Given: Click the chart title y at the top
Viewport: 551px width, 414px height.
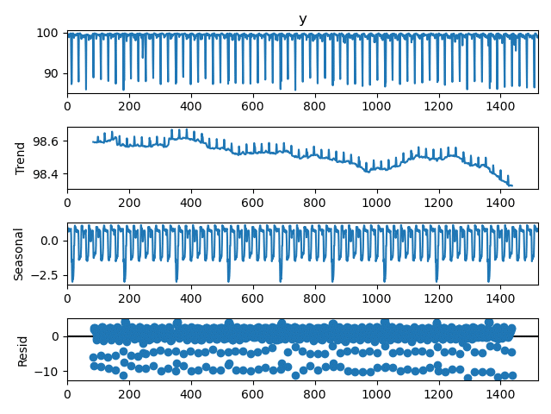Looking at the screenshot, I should (x=302, y=20).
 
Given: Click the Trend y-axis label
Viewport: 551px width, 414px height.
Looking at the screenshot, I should (x=22, y=159).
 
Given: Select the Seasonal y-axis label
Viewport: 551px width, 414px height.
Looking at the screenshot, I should (x=19, y=254).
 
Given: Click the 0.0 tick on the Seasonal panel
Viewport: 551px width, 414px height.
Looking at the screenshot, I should (x=51, y=241).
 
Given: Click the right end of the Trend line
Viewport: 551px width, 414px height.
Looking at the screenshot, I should (x=511, y=185).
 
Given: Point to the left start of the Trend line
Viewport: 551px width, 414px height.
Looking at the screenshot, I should (x=93, y=142).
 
